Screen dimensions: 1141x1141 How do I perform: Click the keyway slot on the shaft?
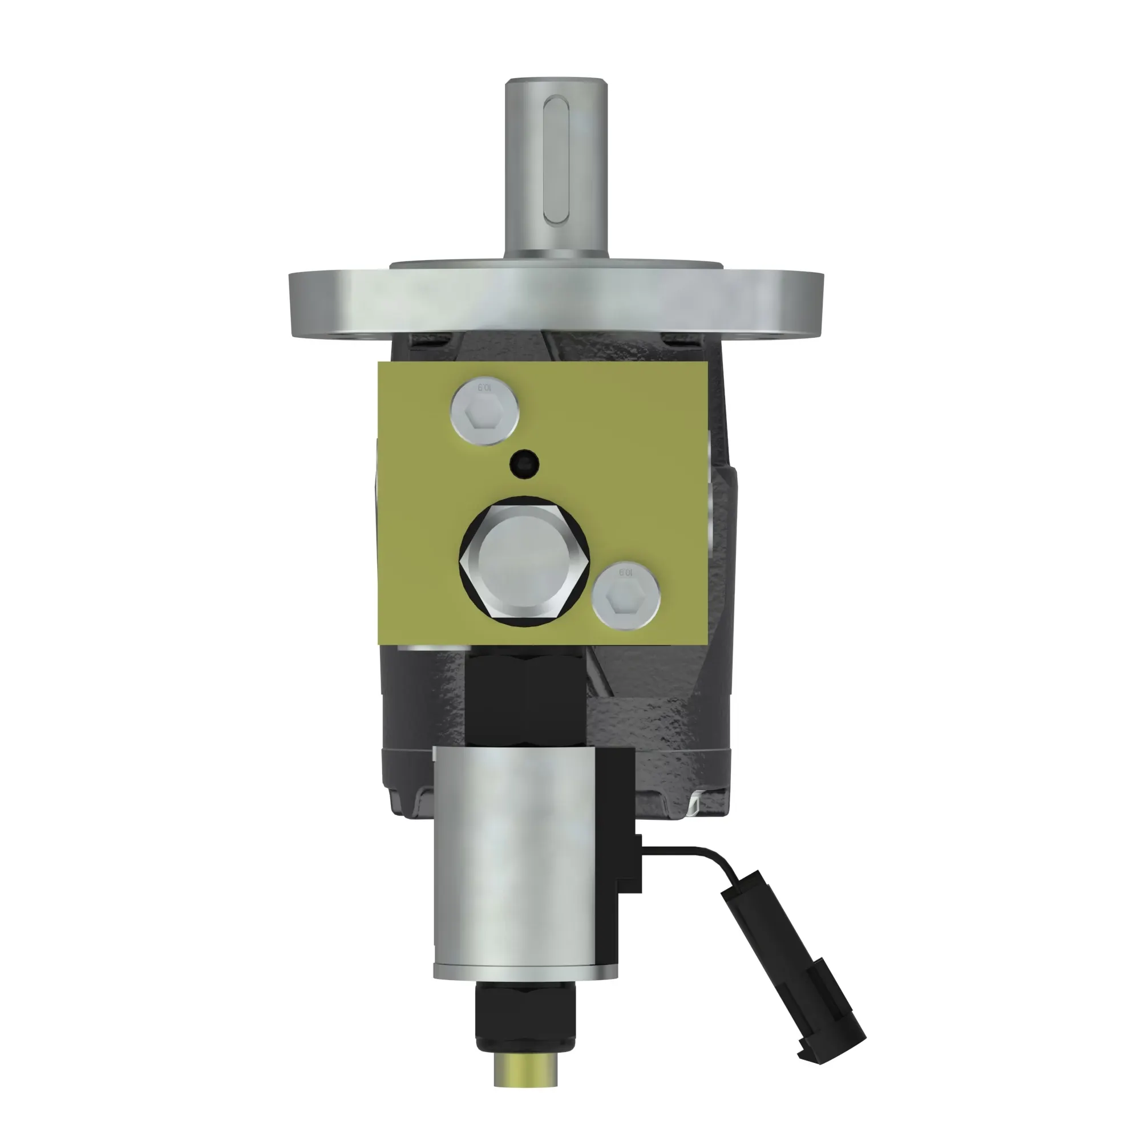click(x=556, y=160)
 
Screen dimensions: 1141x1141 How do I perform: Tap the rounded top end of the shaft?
click(x=556, y=83)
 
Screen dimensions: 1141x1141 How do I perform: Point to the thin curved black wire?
click(x=697, y=851)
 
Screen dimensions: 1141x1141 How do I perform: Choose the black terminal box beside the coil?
click(x=617, y=827)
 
